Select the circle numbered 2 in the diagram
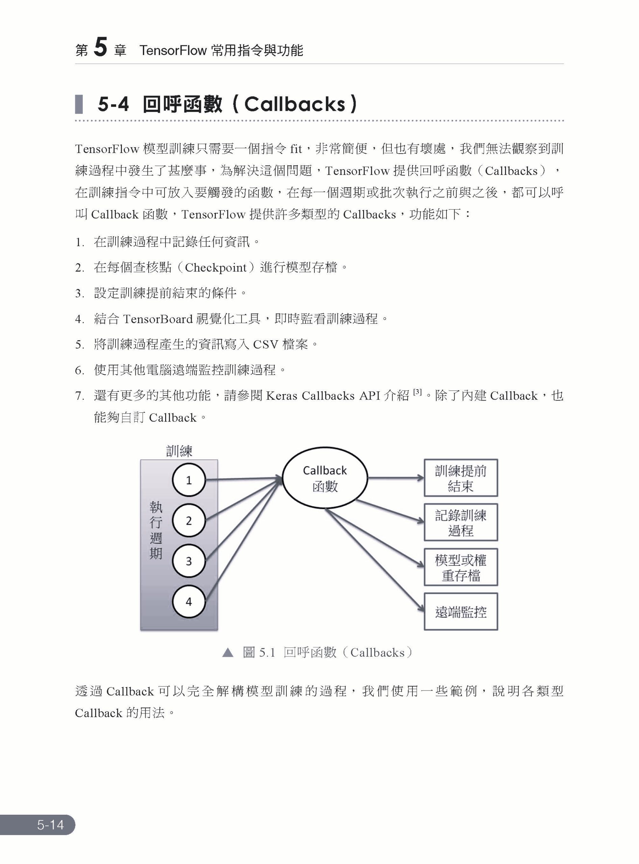(x=188, y=520)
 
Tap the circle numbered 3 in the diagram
(x=188, y=561)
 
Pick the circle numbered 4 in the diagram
(x=188, y=601)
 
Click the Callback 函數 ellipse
(x=325, y=478)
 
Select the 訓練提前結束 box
(x=460, y=478)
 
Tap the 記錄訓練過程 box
(x=460, y=522)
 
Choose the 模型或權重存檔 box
(x=460, y=567)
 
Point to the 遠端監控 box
(x=460, y=612)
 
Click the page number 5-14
(x=50, y=825)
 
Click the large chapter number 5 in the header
(x=101, y=48)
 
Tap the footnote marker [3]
(x=417, y=392)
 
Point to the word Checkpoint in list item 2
(x=215, y=268)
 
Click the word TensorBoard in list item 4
(x=158, y=319)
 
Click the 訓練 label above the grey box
(x=179, y=451)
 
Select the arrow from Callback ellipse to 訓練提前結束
(x=395, y=478)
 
